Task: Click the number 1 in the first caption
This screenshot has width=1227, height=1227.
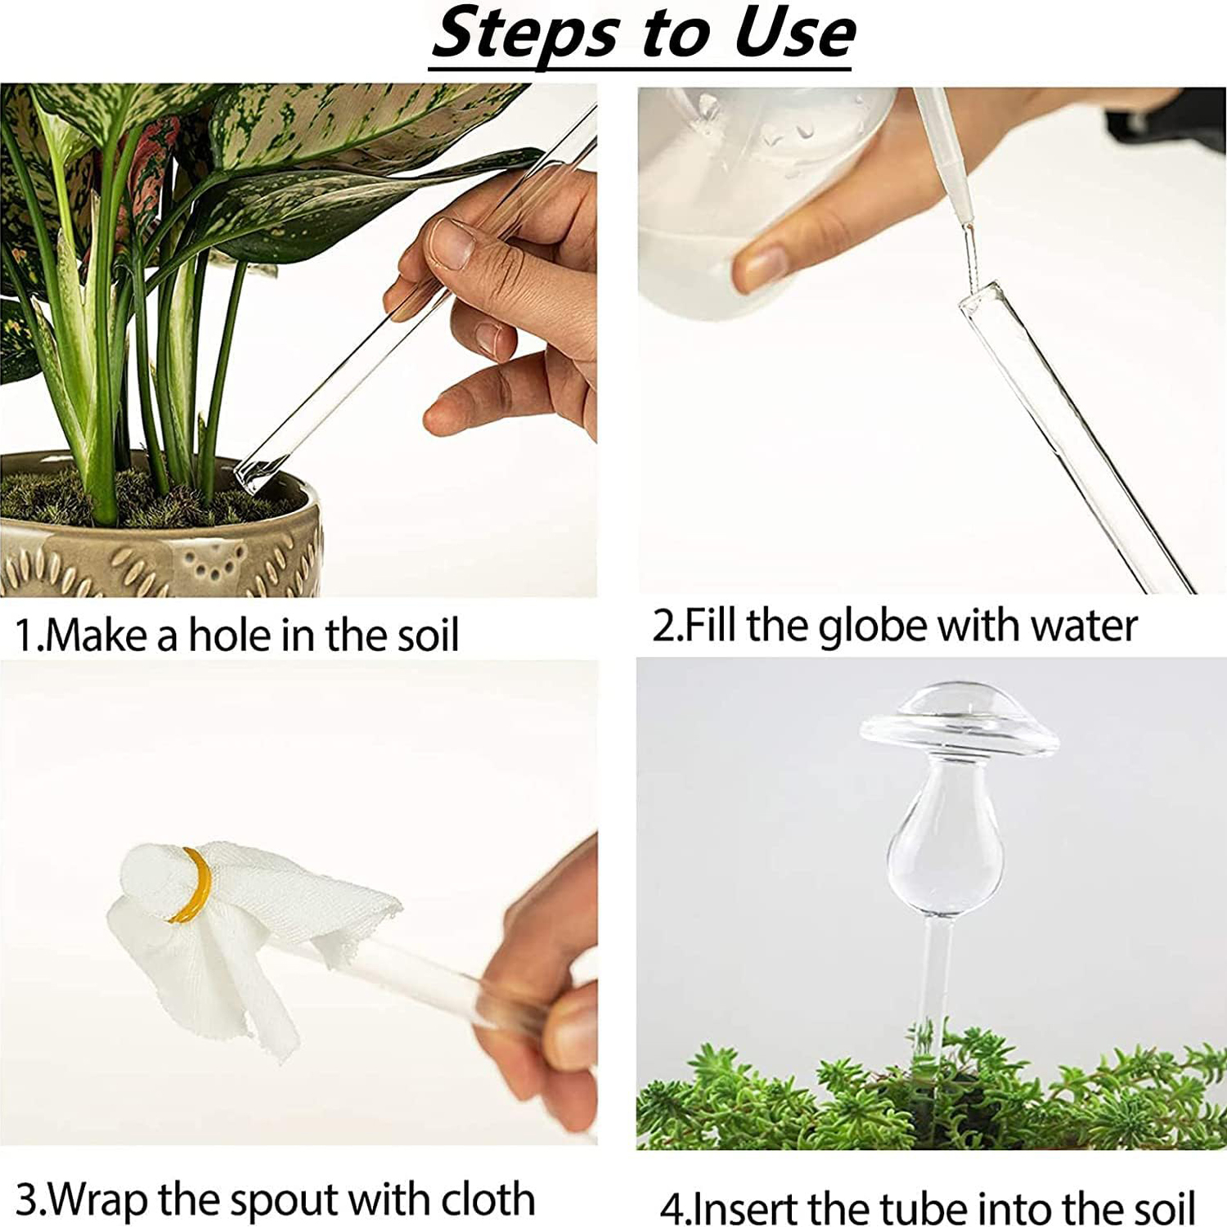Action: [25, 636]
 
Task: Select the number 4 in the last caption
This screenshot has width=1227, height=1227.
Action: [672, 1209]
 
